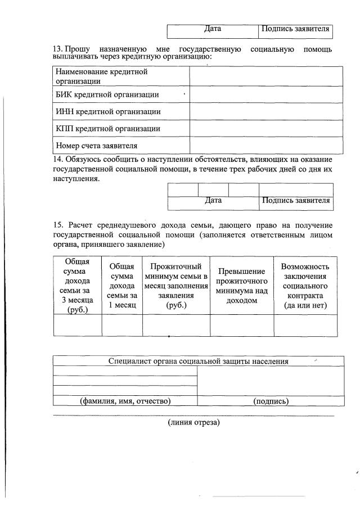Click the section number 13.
click(57, 49)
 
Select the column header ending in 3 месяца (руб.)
click(77, 286)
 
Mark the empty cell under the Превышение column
click(241, 326)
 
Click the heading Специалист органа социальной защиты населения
click(198, 362)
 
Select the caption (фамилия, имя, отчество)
click(125, 401)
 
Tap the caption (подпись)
click(271, 401)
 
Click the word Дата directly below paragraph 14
click(213, 200)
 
